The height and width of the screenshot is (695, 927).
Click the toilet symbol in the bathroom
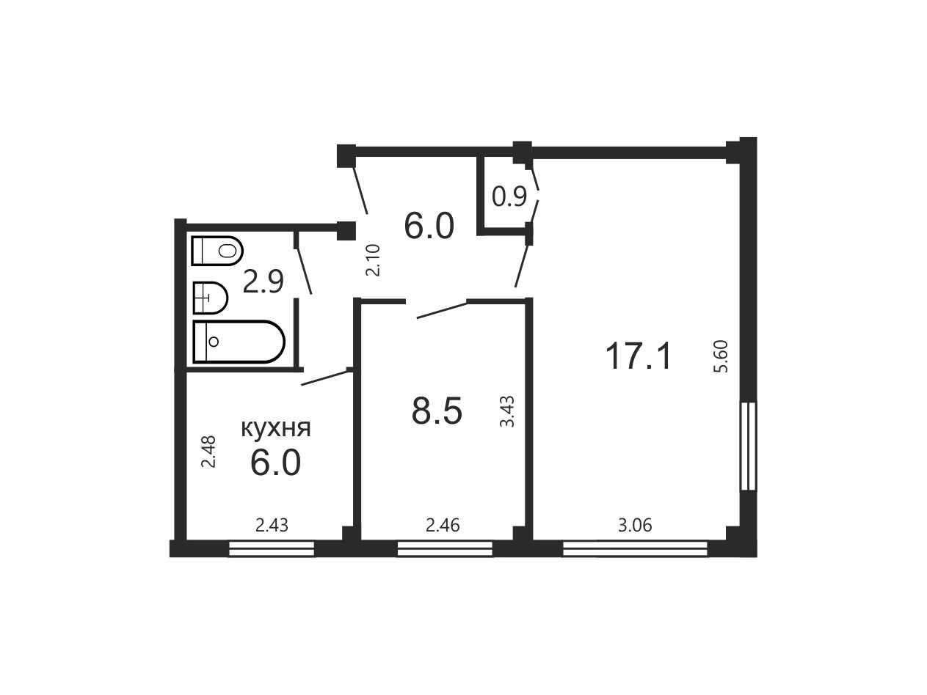(x=217, y=251)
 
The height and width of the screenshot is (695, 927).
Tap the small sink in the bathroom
(x=211, y=298)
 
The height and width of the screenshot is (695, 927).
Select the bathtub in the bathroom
(x=239, y=342)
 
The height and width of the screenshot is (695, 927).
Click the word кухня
(x=276, y=428)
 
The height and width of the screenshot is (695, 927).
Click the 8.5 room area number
(x=437, y=411)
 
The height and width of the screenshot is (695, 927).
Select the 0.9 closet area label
(x=509, y=196)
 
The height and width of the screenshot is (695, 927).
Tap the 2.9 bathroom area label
(x=263, y=282)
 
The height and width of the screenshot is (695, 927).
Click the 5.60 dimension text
(x=721, y=356)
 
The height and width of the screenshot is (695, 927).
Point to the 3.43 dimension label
(x=506, y=411)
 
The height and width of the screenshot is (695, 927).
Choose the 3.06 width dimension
(x=635, y=526)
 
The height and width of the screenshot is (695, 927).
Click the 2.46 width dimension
(x=443, y=526)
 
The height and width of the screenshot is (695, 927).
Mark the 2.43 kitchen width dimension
(x=272, y=526)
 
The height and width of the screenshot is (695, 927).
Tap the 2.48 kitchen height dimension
(x=208, y=452)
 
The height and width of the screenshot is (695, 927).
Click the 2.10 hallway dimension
(x=374, y=260)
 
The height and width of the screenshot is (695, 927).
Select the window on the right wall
(x=749, y=446)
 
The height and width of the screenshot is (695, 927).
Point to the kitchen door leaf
(x=324, y=378)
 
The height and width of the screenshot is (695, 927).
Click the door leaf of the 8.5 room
(x=442, y=310)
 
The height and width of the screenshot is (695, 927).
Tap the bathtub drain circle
(x=214, y=342)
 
